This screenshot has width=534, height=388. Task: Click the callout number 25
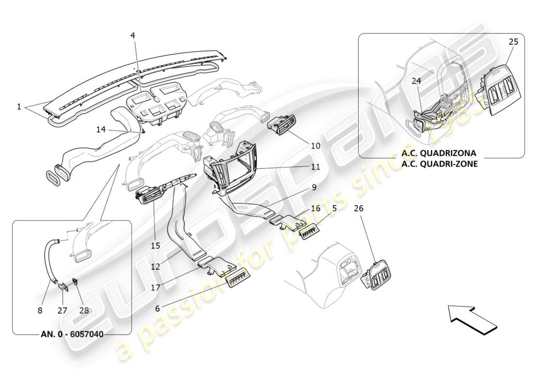[514, 42]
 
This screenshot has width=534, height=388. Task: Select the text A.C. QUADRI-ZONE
[439, 163]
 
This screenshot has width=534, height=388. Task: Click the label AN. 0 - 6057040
[71, 335]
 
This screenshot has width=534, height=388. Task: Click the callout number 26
[358, 209]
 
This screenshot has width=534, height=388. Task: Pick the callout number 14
[101, 129]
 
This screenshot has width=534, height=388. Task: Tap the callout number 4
[133, 35]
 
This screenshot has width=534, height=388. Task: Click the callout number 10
[316, 145]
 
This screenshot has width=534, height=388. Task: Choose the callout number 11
[316, 166]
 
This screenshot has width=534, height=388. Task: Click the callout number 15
[155, 246]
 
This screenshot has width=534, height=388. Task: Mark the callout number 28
[84, 310]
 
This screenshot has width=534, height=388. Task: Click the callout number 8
[40, 310]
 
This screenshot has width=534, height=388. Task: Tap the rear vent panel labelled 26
[379, 276]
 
